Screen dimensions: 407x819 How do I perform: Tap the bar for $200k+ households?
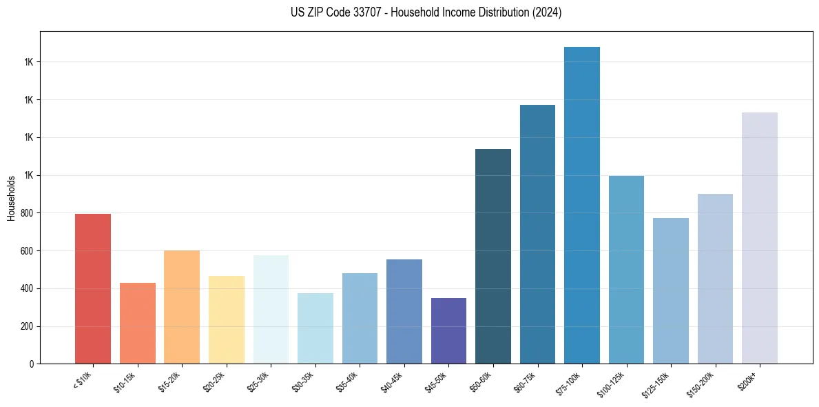click(760, 238)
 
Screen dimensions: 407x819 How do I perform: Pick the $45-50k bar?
click(448, 330)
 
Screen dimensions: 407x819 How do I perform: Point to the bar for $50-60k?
click(493, 256)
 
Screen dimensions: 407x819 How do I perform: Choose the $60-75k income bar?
click(537, 234)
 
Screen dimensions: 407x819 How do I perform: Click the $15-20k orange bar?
click(182, 307)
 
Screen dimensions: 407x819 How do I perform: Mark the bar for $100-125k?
click(626, 270)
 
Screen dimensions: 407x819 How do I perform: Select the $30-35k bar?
click(315, 328)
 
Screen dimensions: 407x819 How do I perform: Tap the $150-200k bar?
click(715, 279)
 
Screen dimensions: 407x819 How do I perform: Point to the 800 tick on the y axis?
click(28, 213)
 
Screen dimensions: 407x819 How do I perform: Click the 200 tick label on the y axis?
click(28, 326)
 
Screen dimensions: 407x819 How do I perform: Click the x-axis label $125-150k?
click(656, 384)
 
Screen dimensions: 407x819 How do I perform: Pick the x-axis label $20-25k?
click(214, 381)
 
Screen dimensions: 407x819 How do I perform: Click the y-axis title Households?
click(11, 198)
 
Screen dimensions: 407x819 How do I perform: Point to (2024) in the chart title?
click(546, 12)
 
